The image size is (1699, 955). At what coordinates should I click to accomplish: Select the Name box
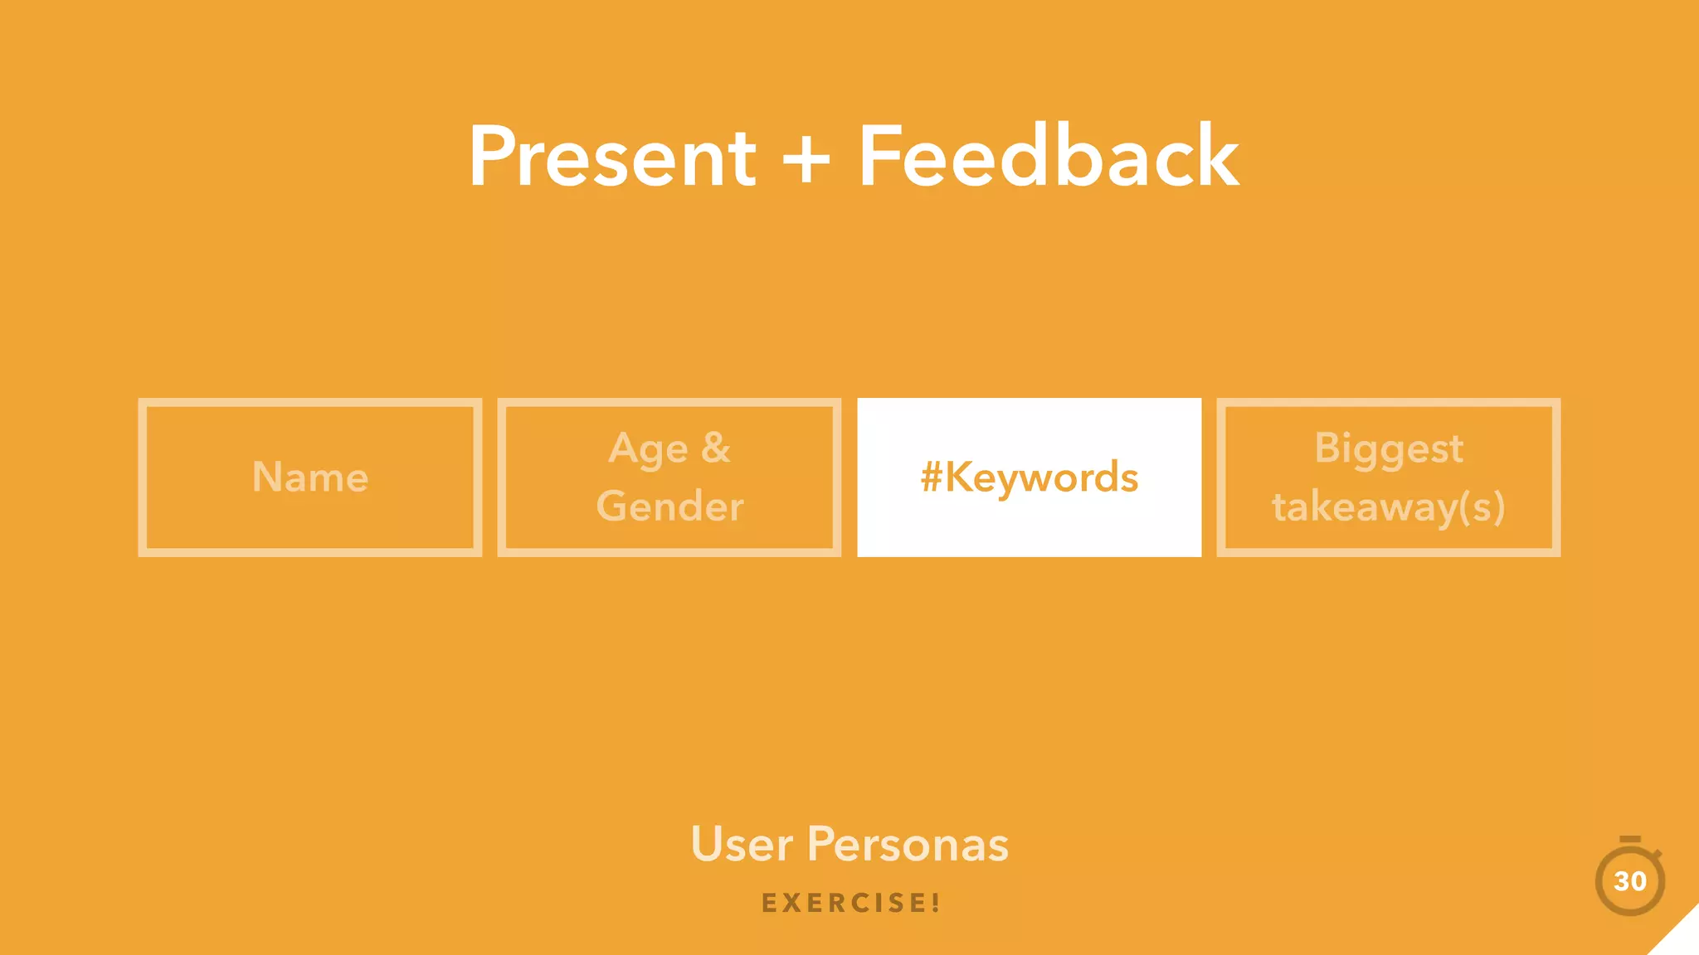click(309, 477)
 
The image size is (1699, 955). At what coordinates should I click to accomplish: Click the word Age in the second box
click(648, 450)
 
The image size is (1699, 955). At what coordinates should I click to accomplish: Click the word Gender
click(669, 506)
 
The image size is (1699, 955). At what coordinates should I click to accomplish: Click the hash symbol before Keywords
click(932, 477)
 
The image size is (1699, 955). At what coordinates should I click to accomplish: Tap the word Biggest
click(1389, 450)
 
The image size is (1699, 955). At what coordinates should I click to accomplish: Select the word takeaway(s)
click(1388, 507)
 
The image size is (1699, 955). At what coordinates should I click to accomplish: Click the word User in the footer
click(742, 845)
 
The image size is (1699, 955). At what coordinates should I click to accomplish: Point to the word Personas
click(908, 845)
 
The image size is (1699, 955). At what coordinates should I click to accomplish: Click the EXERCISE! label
click(849, 903)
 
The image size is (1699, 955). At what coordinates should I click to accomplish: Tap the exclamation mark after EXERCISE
click(936, 903)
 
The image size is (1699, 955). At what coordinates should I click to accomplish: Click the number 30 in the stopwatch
click(1630, 881)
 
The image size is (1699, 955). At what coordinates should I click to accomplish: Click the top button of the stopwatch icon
click(1630, 840)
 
